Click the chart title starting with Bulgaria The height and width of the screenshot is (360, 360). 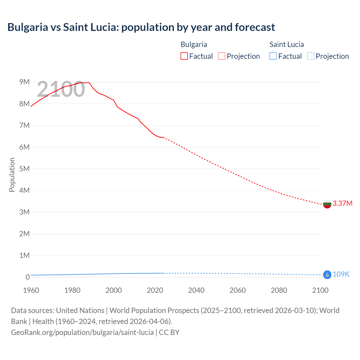(141, 27)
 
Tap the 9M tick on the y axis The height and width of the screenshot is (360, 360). (24, 82)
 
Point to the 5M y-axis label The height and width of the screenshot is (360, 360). (24, 169)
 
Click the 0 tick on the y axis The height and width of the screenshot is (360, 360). (28, 277)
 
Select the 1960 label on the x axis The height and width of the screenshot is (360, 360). (31, 290)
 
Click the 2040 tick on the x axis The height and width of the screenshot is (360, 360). (196, 290)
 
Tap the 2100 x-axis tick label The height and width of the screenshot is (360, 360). (320, 290)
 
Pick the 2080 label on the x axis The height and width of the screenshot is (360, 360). (279, 290)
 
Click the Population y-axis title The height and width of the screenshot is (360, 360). (12, 175)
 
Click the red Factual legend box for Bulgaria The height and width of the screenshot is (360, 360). (184, 56)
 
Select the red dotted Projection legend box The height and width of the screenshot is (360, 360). (222, 56)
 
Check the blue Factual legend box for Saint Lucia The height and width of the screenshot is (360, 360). (273, 56)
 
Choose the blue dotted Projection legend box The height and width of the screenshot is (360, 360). (311, 56)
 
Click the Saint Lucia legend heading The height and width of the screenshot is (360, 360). (287, 44)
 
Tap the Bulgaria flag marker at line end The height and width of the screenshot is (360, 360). (327, 204)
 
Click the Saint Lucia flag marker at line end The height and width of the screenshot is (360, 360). (327, 274)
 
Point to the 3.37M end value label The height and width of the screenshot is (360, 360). (342, 203)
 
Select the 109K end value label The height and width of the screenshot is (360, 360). (341, 274)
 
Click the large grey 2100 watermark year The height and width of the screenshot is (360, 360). (61, 89)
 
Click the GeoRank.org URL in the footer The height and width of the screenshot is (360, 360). (82, 332)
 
